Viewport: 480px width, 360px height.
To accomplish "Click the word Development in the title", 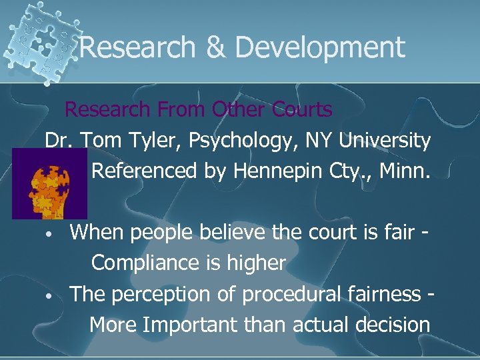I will click(x=320, y=48).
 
